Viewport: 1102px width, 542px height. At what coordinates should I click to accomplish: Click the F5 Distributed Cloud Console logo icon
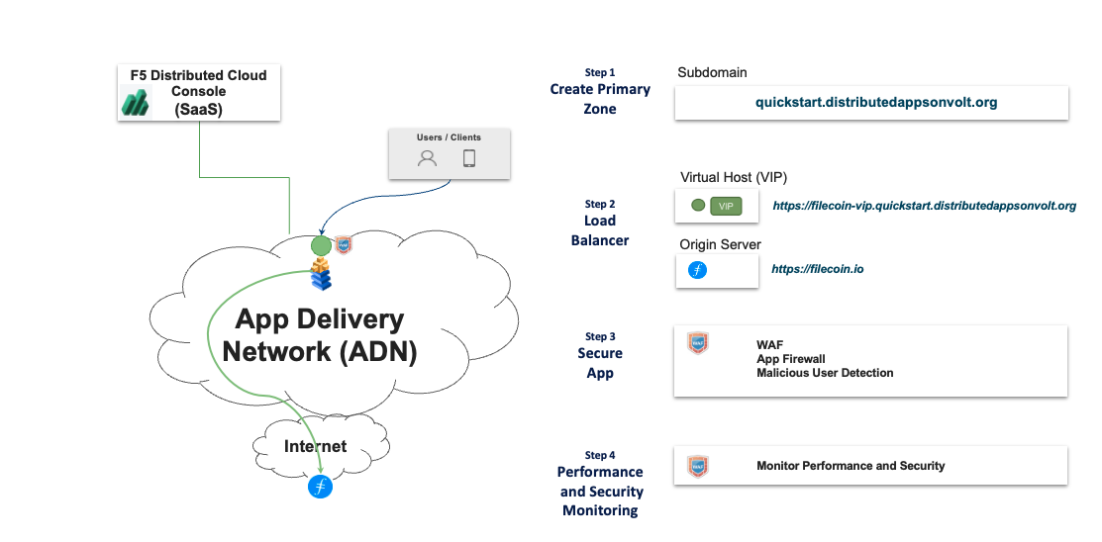(135, 101)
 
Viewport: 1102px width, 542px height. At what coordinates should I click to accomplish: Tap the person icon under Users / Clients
(427, 158)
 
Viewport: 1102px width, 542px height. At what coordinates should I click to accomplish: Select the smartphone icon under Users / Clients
(469, 158)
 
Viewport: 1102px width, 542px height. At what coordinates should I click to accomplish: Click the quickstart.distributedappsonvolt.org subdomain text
(875, 102)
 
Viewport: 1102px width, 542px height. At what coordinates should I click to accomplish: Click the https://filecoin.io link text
(817, 268)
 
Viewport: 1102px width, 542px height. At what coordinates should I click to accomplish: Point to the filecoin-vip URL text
(924, 206)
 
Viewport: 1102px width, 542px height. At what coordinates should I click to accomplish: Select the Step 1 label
(600, 72)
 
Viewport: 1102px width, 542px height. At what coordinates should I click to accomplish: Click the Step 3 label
(600, 336)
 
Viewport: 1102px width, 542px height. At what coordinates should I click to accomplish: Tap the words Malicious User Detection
(825, 373)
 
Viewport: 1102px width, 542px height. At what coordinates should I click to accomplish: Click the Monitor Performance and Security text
(851, 466)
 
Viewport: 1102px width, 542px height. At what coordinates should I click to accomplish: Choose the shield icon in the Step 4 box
(697, 465)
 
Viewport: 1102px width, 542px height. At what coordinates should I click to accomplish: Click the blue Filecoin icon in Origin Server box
(697, 269)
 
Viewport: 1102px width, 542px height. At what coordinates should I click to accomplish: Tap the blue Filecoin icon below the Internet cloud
(320, 487)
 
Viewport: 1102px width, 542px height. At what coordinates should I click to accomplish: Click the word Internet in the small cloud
(316, 446)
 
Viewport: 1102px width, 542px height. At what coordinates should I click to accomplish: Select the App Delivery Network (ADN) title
(319, 334)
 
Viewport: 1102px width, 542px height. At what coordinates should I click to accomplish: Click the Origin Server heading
(720, 244)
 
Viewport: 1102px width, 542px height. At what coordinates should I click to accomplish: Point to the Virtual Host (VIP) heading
(734, 177)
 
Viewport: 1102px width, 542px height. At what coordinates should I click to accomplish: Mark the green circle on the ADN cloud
(320, 244)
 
